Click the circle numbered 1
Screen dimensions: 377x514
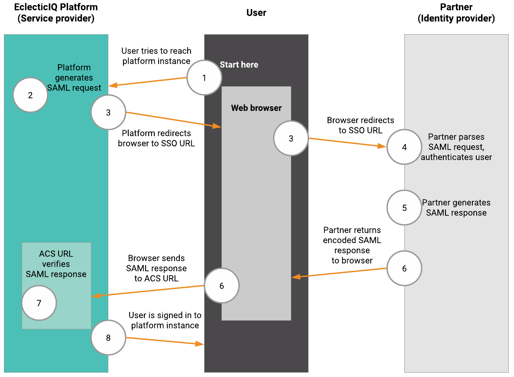click(204, 78)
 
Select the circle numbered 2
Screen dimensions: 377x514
click(30, 95)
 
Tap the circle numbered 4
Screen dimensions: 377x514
click(404, 147)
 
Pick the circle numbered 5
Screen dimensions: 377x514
click(404, 208)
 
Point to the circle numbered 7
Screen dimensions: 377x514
click(39, 303)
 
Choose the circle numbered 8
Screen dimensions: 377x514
click(108, 338)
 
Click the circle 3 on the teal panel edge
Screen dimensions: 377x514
click(108, 112)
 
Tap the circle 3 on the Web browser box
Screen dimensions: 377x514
click(291, 138)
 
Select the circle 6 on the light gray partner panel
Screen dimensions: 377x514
click(404, 268)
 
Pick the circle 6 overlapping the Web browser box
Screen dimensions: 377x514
click(221, 286)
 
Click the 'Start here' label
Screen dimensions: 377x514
click(239, 65)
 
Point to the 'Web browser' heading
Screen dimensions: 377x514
click(256, 108)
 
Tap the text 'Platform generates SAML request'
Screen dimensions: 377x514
click(74, 78)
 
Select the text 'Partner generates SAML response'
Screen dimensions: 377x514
click(456, 208)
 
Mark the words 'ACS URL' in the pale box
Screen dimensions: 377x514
click(56, 254)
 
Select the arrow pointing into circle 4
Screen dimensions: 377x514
click(347, 143)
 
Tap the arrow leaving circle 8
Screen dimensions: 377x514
click(165, 341)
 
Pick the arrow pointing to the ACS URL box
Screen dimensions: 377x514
click(147, 291)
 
